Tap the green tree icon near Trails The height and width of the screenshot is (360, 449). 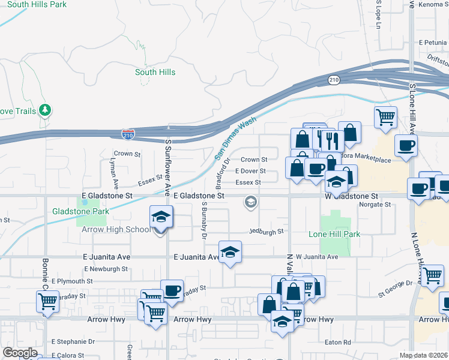point(44,110)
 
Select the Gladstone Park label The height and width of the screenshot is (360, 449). point(80,211)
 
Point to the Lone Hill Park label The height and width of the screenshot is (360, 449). point(334,234)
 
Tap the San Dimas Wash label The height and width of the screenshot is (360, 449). point(235,139)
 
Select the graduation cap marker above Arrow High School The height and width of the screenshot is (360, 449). point(161,216)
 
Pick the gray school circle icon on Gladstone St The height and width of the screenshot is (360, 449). point(250,203)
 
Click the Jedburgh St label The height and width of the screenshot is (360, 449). point(267,231)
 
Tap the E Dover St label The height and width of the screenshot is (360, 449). point(250,171)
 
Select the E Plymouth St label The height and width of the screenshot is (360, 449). point(72,281)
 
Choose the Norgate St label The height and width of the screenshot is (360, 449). point(375,205)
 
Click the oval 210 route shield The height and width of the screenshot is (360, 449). point(334,79)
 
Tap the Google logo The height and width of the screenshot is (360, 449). point(20,353)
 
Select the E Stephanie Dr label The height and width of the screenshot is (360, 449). point(73,341)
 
